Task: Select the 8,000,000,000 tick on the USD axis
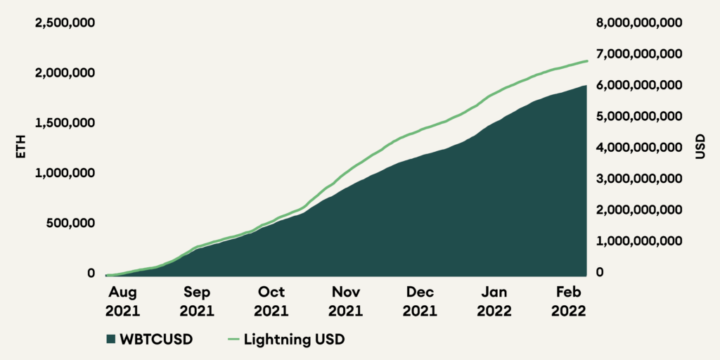click(x=639, y=23)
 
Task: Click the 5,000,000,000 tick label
click(x=639, y=116)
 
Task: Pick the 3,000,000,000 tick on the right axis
click(x=639, y=179)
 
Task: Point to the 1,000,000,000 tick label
click(x=639, y=240)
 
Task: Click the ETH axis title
click(x=20, y=148)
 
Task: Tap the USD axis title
click(x=700, y=148)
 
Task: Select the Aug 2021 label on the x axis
click(x=122, y=301)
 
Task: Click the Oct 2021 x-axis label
click(x=271, y=301)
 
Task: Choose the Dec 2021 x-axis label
click(x=420, y=301)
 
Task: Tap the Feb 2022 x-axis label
click(x=568, y=301)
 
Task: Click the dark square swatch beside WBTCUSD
click(x=110, y=340)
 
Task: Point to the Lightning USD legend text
click(x=295, y=340)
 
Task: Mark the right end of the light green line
click(x=586, y=61)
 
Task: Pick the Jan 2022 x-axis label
click(x=494, y=301)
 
